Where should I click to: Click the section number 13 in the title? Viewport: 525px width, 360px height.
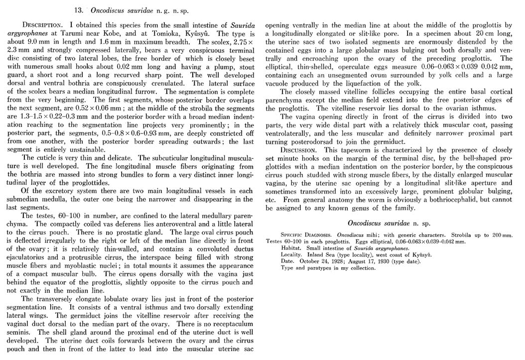tap(77, 10)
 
